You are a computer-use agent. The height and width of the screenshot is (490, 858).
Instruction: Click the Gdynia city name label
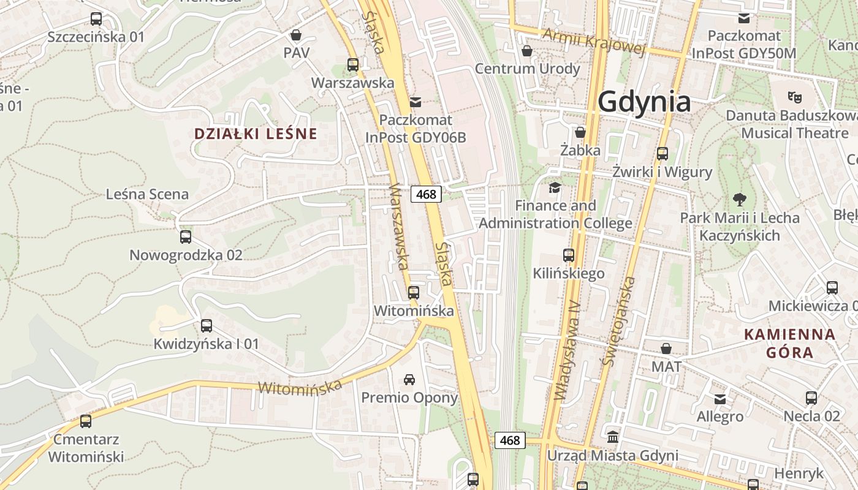pyautogui.click(x=644, y=102)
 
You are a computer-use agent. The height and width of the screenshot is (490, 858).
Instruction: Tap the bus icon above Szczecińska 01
pyautogui.click(x=96, y=19)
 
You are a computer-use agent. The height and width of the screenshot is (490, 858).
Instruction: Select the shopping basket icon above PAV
pyautogui.click(x=296, y=35)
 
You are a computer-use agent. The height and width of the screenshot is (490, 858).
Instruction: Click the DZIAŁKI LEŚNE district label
pyautogui.click(x=256, y=134)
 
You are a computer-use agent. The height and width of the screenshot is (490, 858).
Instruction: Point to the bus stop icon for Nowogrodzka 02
pyautogui.click(x=186, y=237)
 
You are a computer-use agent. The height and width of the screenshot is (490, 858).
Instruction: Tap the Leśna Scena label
pyautogui.click(x=147, y=194)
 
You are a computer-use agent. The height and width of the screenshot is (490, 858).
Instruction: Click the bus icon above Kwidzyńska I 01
pyautogui.click(x=207, y=326)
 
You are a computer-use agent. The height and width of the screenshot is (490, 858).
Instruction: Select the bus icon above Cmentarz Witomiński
pyautogui.click(x=86, y=421)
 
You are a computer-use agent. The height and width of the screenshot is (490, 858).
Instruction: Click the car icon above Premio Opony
pyautogui.click(x=409, y=380)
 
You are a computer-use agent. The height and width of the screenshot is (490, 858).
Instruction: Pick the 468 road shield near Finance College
pyautogui.click(x=426, y=194)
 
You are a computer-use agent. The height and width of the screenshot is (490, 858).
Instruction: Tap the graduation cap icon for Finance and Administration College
pyautogui.click(x=555, y=187)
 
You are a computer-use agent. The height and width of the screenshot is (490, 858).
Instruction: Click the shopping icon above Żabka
pyautogui.click(x=580, y=132)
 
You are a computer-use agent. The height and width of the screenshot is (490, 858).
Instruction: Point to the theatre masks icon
pyautogui.click(x=795, y=97)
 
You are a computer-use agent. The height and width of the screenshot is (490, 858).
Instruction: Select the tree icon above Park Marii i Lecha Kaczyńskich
pyautogui.click(x=740, y=199)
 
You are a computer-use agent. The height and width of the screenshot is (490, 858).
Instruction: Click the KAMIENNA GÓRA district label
pyautogui.click(x=789, y=343)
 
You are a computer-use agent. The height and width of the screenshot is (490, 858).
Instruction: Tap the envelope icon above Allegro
pyautogui.click(x=720, y=399)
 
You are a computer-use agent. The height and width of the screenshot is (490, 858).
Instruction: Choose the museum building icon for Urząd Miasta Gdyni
pyautogui.click(x=613, y=437)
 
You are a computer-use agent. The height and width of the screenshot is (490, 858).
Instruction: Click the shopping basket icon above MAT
pyautogui.click(x=666, y=349)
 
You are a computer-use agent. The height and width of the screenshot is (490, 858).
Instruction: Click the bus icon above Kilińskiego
pyautogui.click(x=569, y=255)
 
